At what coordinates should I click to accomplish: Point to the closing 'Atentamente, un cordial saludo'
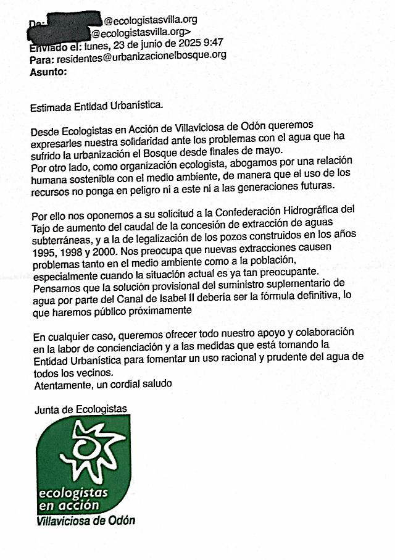(102, 384)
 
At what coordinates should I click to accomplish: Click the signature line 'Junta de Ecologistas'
(81, 409)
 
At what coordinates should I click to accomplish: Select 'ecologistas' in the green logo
(73, 493)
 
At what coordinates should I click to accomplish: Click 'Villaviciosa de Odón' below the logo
(86, 520)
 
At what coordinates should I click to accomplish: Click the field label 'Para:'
(41, 59)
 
